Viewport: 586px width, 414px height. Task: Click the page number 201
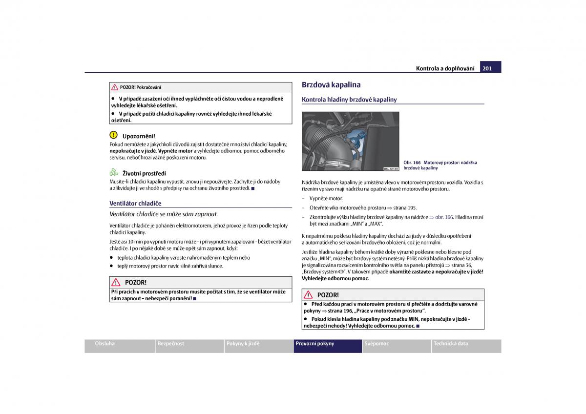tap(487, 68)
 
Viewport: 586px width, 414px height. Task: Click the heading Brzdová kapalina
tap(331, 84)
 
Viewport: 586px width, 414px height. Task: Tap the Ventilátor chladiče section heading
tap(135, 203)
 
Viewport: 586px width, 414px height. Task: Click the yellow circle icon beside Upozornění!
tap(113, 135)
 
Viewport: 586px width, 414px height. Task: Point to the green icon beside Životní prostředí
tap(114, 172)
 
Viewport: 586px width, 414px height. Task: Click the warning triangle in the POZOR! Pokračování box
tap(115, 87)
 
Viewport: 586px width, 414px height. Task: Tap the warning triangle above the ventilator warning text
tap(116, 282)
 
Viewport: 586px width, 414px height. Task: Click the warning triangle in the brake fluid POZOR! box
tap(308, 295)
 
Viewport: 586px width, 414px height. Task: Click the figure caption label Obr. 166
tap(412, 163)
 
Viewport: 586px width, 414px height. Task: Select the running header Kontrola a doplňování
tap(445, 68)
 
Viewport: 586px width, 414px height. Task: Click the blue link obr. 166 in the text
tap(444, 217)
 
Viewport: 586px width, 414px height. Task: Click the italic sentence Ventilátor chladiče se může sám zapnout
tap(164, 214)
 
